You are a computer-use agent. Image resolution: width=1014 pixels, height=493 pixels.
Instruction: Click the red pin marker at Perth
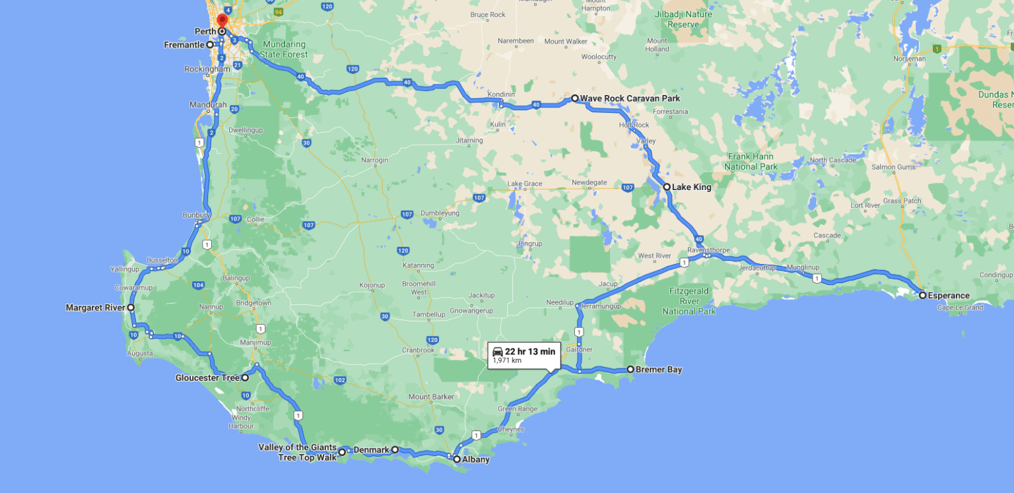tap(222, 20)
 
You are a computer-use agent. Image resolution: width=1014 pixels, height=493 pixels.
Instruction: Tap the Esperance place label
tap(949, 296)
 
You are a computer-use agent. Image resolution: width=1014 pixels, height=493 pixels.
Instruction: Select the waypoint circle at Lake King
tap(667, 187)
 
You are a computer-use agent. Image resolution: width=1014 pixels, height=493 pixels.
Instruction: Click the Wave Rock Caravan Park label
tap(630, 99)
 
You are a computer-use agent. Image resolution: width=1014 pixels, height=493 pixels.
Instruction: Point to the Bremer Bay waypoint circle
tap(630, 370)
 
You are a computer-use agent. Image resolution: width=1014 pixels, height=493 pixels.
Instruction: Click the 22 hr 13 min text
tap(530, 351)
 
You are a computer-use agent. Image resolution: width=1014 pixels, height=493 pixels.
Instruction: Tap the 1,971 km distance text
tap(507, 360)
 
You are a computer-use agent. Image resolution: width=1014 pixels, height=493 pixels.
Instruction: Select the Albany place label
tap(475, 459)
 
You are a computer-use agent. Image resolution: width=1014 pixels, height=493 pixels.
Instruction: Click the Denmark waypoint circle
tap(395, 449)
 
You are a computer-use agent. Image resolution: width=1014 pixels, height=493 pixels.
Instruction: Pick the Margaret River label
tap(95, 308)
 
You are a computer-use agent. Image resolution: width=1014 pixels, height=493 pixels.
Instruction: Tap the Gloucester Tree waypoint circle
tap(245, 378)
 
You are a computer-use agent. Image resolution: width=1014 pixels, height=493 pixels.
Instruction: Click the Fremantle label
tap(184, 45)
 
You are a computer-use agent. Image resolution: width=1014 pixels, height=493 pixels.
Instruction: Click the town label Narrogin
tap(375, 160)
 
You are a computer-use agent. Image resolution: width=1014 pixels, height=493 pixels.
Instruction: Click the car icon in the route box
tap(498, 351)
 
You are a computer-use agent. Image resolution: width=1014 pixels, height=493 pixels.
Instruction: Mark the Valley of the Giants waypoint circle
tap(343, 452)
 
